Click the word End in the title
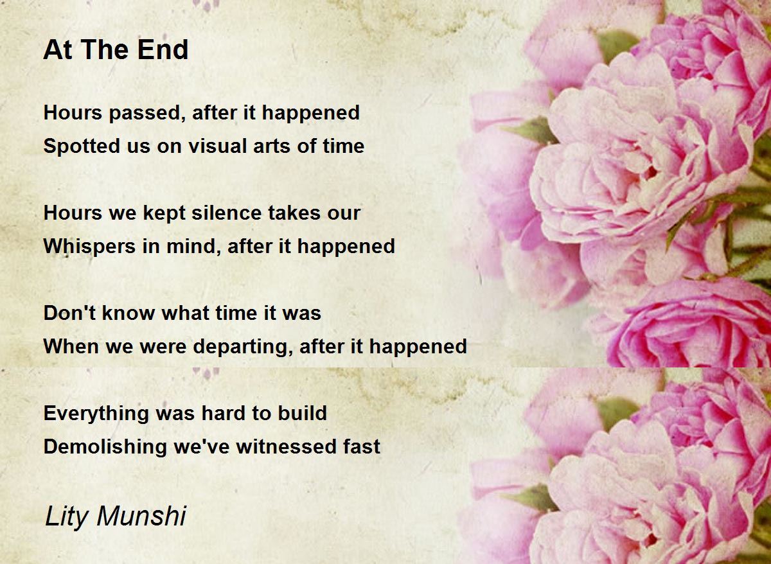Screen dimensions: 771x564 coord(163,49)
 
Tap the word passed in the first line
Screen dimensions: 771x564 coord(144,113)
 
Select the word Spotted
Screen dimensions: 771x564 coord(80,146)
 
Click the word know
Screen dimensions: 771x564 coord(128,313)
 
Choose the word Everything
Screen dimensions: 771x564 coord(96,413)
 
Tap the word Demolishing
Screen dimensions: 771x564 coord(105,447)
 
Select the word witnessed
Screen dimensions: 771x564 coord(286,446)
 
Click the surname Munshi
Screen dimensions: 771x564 coord(141,515)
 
